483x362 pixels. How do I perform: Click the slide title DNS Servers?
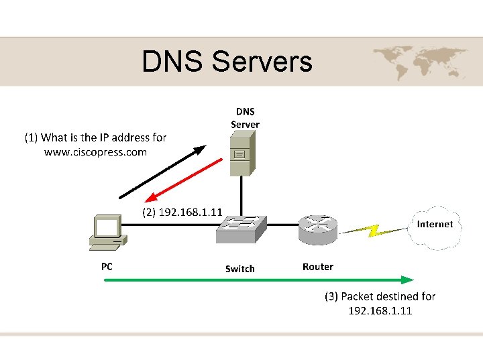227,62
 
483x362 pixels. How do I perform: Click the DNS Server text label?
245,117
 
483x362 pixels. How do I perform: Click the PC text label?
107,266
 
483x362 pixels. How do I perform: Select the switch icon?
241,229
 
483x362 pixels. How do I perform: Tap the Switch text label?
239,269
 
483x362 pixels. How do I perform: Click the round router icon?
317,230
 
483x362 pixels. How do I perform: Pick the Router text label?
317,267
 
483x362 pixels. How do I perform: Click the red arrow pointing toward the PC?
184,180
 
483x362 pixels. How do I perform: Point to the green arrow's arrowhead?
407,279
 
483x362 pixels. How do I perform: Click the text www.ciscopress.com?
95,152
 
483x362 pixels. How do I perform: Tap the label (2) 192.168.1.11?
183,212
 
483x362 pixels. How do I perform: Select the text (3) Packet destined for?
380,296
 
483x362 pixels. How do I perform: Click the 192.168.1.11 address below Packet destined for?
380,311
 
